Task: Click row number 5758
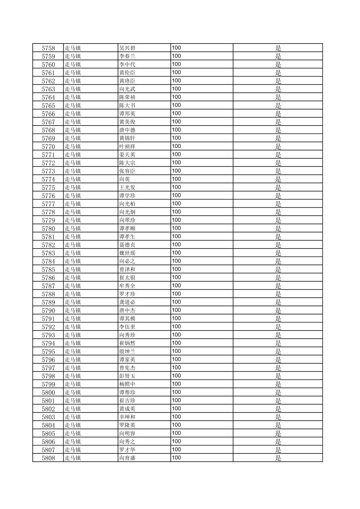click(x=48, y=48)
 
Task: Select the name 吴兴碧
click(x=127, y=48)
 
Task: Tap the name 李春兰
click(x=127, y=56)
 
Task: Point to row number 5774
click(x=48, y=179)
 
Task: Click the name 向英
click(x=125, y=179)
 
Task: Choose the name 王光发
click(x=127, y=188)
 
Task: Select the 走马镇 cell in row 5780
click(x=73, y=228)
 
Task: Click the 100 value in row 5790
click(x=176, y=310)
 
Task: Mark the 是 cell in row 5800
click(x=278, y=392)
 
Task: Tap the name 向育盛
click(x=127, y=458)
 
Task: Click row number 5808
click(x=48, y=458)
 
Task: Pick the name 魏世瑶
click(x=127, y=253)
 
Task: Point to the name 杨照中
click(x=127, y=384)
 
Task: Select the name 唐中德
click(x=127, y=130)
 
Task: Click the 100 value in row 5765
click(x=176, y=105)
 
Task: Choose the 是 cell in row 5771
click(x=278, y=155)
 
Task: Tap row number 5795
click(x=48, y=352)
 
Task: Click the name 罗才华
click(x=127, y=450)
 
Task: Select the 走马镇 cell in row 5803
click(x=73, y=417)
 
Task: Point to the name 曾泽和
click(x=127, y=270)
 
